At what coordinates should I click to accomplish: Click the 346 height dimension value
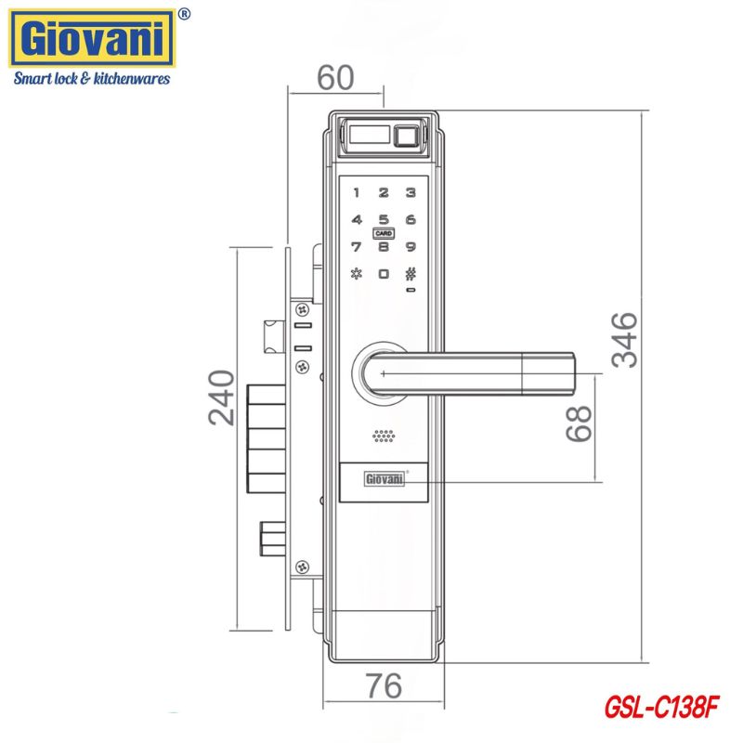[x=624, y=340]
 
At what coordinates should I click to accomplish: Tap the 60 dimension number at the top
[x=335, y=77]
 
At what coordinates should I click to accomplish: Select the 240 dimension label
[x=221, y=398]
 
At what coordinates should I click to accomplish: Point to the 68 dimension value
[x=579, y=424]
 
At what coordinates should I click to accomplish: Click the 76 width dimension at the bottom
[x=384, y=685]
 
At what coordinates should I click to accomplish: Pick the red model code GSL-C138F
[x=662, y=708]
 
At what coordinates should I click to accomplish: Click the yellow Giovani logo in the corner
[x=92, y=39]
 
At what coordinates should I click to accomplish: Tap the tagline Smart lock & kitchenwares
[x=91, y=78]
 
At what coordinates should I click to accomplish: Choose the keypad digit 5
[x=384, y=219]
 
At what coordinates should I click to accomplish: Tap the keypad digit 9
[x=411, y=246]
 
